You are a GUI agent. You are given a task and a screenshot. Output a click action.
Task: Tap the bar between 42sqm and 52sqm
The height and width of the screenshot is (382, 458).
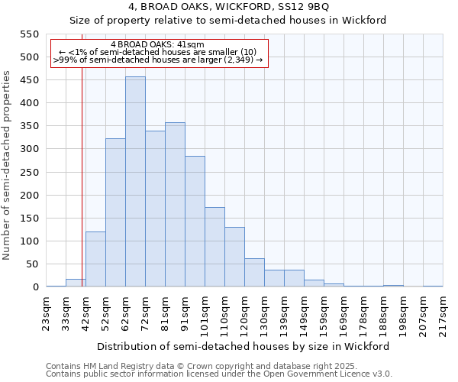pyautogui.click(x=95, y=259)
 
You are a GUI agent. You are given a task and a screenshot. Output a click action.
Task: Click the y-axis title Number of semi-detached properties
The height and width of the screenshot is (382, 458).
pyautogui.click(x=7, y=165)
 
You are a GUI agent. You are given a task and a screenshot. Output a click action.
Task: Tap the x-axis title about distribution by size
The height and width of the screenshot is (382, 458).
pyautogui.click(x=244, y=346)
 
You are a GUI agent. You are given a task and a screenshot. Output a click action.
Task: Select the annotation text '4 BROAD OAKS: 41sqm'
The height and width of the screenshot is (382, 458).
pyautogui.click(x=157, y=45)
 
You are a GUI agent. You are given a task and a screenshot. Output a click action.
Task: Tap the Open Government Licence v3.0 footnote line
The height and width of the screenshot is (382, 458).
pyautogui.click(x=219, y=374)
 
